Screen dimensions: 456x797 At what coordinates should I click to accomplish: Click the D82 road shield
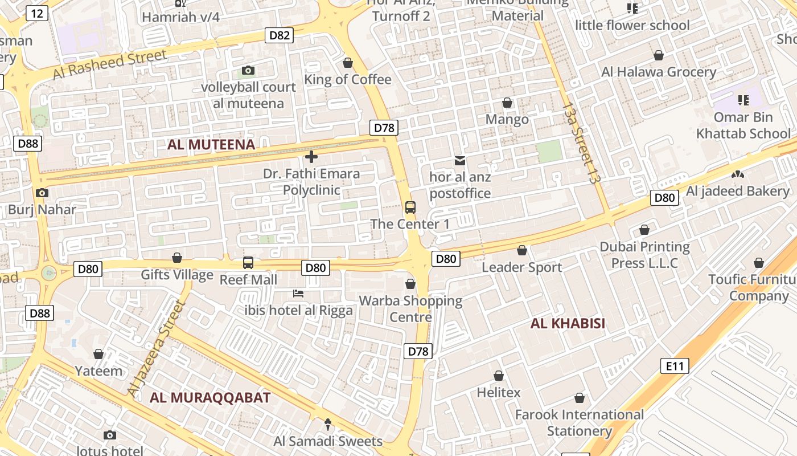click(280, 35)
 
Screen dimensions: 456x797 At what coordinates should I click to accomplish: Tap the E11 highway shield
click(675, 365)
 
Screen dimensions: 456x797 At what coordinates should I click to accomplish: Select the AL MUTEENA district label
click(211, 145)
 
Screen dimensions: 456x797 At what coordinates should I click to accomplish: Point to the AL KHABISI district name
click(568, 324)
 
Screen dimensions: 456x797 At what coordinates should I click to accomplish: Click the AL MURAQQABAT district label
click(210, 398)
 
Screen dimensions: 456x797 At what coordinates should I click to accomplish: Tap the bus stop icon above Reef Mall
click(248, 263)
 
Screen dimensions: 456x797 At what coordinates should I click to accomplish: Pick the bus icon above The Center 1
click(410, 207)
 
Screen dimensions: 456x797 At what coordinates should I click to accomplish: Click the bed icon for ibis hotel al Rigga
click(298, 294)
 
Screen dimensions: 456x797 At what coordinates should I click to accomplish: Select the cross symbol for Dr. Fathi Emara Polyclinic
click(311, 156)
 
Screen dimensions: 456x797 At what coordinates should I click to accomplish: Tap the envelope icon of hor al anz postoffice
click(460, 161)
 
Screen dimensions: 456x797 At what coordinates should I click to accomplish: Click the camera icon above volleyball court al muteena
click(248, 70)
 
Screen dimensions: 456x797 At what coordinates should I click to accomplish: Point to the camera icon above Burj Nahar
click(42, 193)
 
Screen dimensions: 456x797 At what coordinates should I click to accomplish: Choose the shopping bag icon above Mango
click(507, 103)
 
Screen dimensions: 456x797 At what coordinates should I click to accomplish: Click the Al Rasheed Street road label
click(110, 64)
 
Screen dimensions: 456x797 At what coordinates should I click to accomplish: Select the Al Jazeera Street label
click(157, 349)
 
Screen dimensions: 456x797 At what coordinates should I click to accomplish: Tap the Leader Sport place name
click(522, 267)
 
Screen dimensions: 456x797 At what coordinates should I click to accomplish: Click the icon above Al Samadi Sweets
click(328, 424)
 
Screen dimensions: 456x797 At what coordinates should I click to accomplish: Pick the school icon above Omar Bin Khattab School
click(743, 100)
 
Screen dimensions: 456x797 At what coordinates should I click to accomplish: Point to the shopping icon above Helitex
click(499, 376)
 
